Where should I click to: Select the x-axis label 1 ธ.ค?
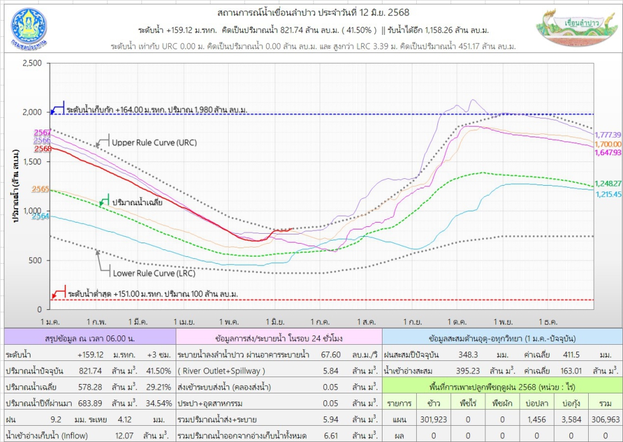(547, 321)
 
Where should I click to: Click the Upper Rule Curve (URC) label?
(154, 142)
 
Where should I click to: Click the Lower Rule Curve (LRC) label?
(154, 273)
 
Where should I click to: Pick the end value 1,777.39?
(608, 135)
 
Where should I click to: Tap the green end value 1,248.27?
(608, 183)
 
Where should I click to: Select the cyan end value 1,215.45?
(608, 194)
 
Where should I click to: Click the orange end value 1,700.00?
(608, 143)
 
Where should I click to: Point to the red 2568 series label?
(43, 149)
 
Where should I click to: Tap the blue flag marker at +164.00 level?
(57, 108)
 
